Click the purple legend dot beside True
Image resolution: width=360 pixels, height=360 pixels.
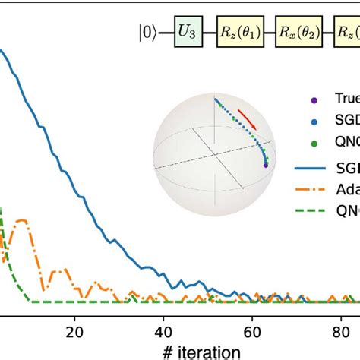pyautogui.click(x=314, y=98)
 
